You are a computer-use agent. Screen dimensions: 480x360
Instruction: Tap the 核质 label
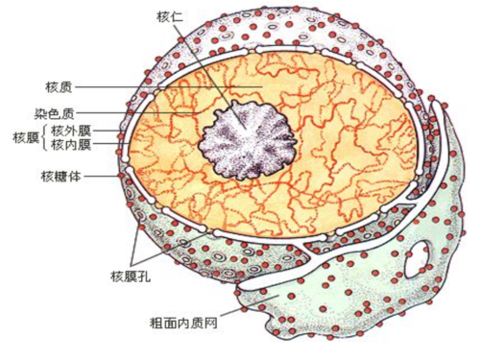click(x=59, y=87)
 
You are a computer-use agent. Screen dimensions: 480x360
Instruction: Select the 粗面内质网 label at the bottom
click(x=184, y=323)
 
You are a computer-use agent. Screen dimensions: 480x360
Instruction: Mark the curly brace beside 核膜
click(x=43, y=136)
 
